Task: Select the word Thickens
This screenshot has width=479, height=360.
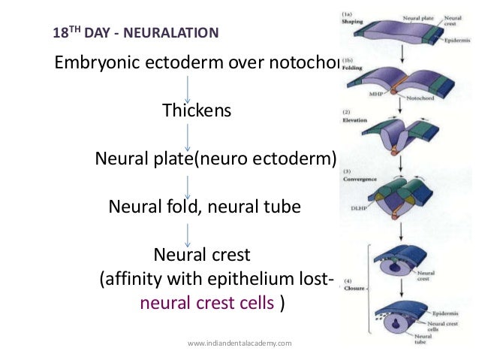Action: point(197,111)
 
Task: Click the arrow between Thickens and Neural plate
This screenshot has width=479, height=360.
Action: point(188,138)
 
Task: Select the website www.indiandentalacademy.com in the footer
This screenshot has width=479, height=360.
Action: point(239,343)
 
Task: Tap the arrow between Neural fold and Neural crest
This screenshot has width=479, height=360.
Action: point(188,231)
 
